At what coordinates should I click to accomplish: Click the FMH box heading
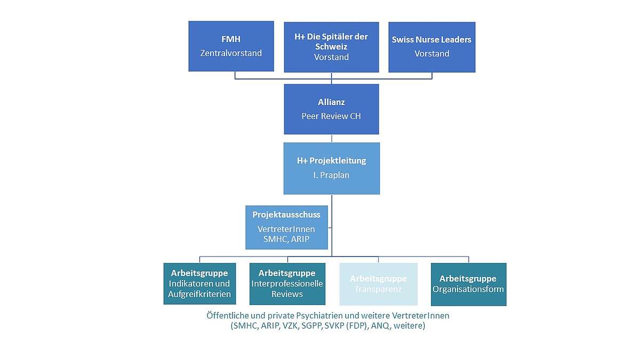click(x=231, y=39)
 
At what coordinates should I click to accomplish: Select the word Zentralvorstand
click(x=231, y=53)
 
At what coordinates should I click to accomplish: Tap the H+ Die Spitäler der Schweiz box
click(x=331, y=47)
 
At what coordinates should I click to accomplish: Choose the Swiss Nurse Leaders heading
click(x=431, y=39)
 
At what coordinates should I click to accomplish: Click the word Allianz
click(x=331, y=102)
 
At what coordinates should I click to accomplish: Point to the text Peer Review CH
click(x=331, y=116)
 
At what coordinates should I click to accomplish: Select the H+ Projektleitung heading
click(x=331, y=161)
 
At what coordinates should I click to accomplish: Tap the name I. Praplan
click(x=331, y=174)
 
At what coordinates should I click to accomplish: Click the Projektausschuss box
click(x=286, y=227)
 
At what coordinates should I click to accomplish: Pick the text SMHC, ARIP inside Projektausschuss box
click(x=286, y=239)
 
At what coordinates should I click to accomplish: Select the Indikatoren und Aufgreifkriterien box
click(x=199, y=284)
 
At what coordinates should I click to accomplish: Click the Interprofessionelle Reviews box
click(x=287, y=284)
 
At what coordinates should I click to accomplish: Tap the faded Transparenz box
click(x=378, y=284)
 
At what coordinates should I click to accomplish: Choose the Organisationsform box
click(x=468, y=284)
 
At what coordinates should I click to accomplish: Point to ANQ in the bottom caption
click(x=381, y=325)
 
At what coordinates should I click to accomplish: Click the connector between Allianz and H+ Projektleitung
click(x=332, y=138)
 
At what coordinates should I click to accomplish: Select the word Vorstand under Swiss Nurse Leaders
click(x=431, y=53)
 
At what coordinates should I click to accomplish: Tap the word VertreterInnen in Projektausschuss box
click(x=286, y=229)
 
